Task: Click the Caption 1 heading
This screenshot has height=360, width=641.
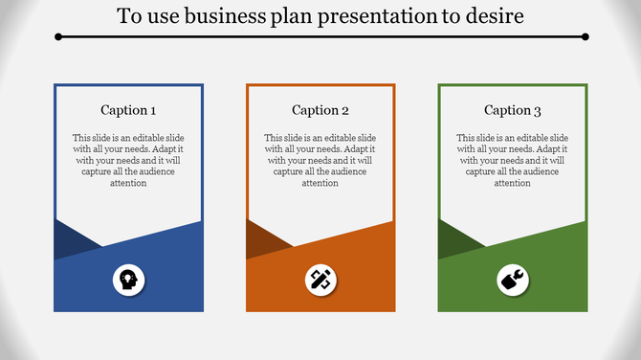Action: pyautogui.click(x=128, y=110)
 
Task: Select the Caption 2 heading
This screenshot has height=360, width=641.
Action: pyautogui.click(x=320, y=110)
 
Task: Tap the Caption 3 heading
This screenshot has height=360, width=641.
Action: pyautogui.click(x=512, y=110)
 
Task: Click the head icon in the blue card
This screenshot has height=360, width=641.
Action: pyautogui.click(x=128, y=280)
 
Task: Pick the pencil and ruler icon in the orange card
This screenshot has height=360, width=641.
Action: pyautogui.click(x=320, y=280)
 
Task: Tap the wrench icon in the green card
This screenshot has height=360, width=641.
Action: pyautogui.click(x=513, y=280)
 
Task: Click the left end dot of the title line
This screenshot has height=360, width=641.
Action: pyautogui.click(x=58, y=36)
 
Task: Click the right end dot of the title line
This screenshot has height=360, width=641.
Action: pyautogui.click(x=585, y=36)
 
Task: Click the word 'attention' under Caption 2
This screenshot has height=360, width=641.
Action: pyautogui.click(x=320, y=183)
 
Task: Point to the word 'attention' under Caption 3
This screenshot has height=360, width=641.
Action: pyautogui.click(x=512, y=183)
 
